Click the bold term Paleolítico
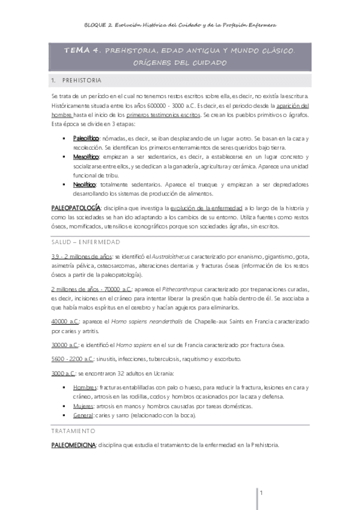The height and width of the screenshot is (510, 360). coord(85,138)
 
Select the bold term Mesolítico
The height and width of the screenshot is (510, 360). coord(85,156)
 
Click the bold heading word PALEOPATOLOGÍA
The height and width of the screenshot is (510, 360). coord(75,207)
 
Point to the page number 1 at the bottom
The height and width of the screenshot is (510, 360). coord(261,493)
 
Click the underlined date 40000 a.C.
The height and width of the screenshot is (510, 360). coord(66,321)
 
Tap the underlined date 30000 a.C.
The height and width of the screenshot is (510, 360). coord(66,345)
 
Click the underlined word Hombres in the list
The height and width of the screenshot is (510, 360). coord(85,387)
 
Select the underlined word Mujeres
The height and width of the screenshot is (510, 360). coord(84,406)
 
